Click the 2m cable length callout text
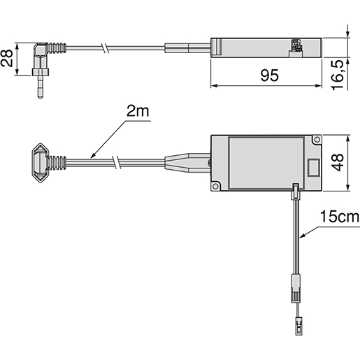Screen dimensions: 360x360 pyautogui.click(x=137, y=113)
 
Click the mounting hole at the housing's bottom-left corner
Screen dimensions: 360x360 pyautogui.click(x=217, y=186)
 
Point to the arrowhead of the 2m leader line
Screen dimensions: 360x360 pyautogui.click(x=91, y=158)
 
